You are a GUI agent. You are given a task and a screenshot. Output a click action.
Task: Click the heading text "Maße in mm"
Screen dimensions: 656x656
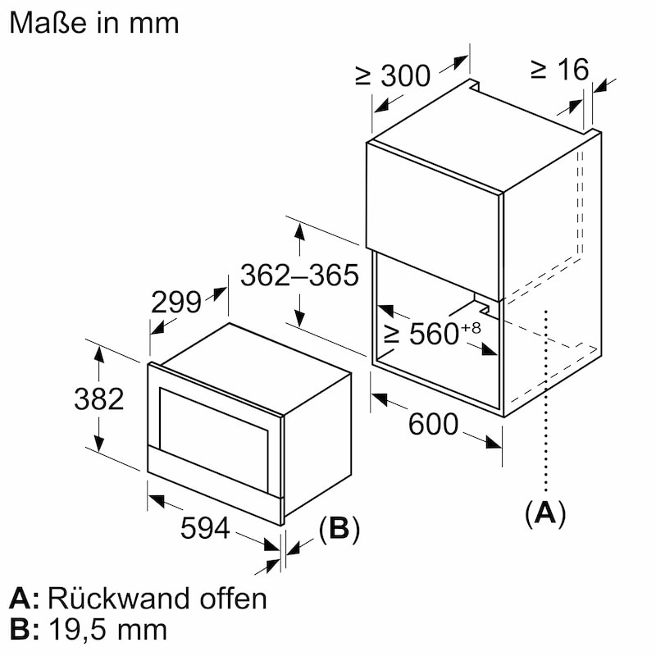tap(94, 23)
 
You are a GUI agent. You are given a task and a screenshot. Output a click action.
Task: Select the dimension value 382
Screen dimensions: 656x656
tap(99, 399)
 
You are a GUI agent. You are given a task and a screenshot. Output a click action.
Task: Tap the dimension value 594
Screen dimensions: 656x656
tap(205, 528)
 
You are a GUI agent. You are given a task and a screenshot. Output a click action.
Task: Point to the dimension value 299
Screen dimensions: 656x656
tap(176, 302)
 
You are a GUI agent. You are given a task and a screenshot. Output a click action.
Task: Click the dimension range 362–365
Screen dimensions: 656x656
tap(299, 276)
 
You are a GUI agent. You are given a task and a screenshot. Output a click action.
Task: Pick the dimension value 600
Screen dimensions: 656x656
tap(434, 424)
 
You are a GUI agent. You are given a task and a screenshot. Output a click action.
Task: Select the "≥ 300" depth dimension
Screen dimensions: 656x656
tap(393, 75)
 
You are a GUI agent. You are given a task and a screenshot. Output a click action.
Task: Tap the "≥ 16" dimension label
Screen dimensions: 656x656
tap(560, 70)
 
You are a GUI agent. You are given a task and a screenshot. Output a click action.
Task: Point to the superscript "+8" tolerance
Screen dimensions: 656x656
tap(471, 327)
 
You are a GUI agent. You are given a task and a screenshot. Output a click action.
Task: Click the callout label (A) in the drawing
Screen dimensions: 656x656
tap(545, 512)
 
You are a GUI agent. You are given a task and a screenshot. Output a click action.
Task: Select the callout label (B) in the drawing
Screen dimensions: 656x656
tap(339, 529)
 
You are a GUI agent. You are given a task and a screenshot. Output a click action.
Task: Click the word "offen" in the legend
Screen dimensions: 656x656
tap(234, 599)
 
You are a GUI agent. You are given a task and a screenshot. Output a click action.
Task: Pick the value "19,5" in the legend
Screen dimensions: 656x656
tap(80, 630)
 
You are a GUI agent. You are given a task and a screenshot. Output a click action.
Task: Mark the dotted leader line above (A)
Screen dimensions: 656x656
tap(545, 400)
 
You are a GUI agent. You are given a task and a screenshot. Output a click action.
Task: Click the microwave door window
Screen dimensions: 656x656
tap(213, 440)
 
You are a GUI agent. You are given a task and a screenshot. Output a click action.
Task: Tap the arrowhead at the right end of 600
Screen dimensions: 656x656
tap(494, 443)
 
